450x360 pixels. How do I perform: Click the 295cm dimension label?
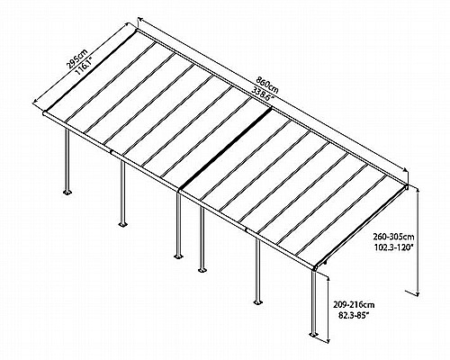tap(76, 59)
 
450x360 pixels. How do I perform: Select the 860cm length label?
tap(267, 83)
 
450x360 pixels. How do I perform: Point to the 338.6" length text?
tap(264, 91)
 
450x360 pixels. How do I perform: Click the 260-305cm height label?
tap(393, 237)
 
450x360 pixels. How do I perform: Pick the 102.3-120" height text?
tap(393, 247)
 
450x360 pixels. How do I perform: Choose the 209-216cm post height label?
tap(354, 305)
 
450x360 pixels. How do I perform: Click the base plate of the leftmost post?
tap(67, 192)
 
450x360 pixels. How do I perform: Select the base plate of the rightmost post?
tap(314, 334)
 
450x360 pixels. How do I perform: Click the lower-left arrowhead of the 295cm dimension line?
tap(35, 102)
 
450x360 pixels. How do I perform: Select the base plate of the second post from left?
tap(122, 224)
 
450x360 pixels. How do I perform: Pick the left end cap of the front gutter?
tap(44, 113)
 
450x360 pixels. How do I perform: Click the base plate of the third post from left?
tap(178, 256)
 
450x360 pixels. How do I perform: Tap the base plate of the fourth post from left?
tap(202, 270)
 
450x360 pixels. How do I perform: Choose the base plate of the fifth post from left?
tap(257, 301)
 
